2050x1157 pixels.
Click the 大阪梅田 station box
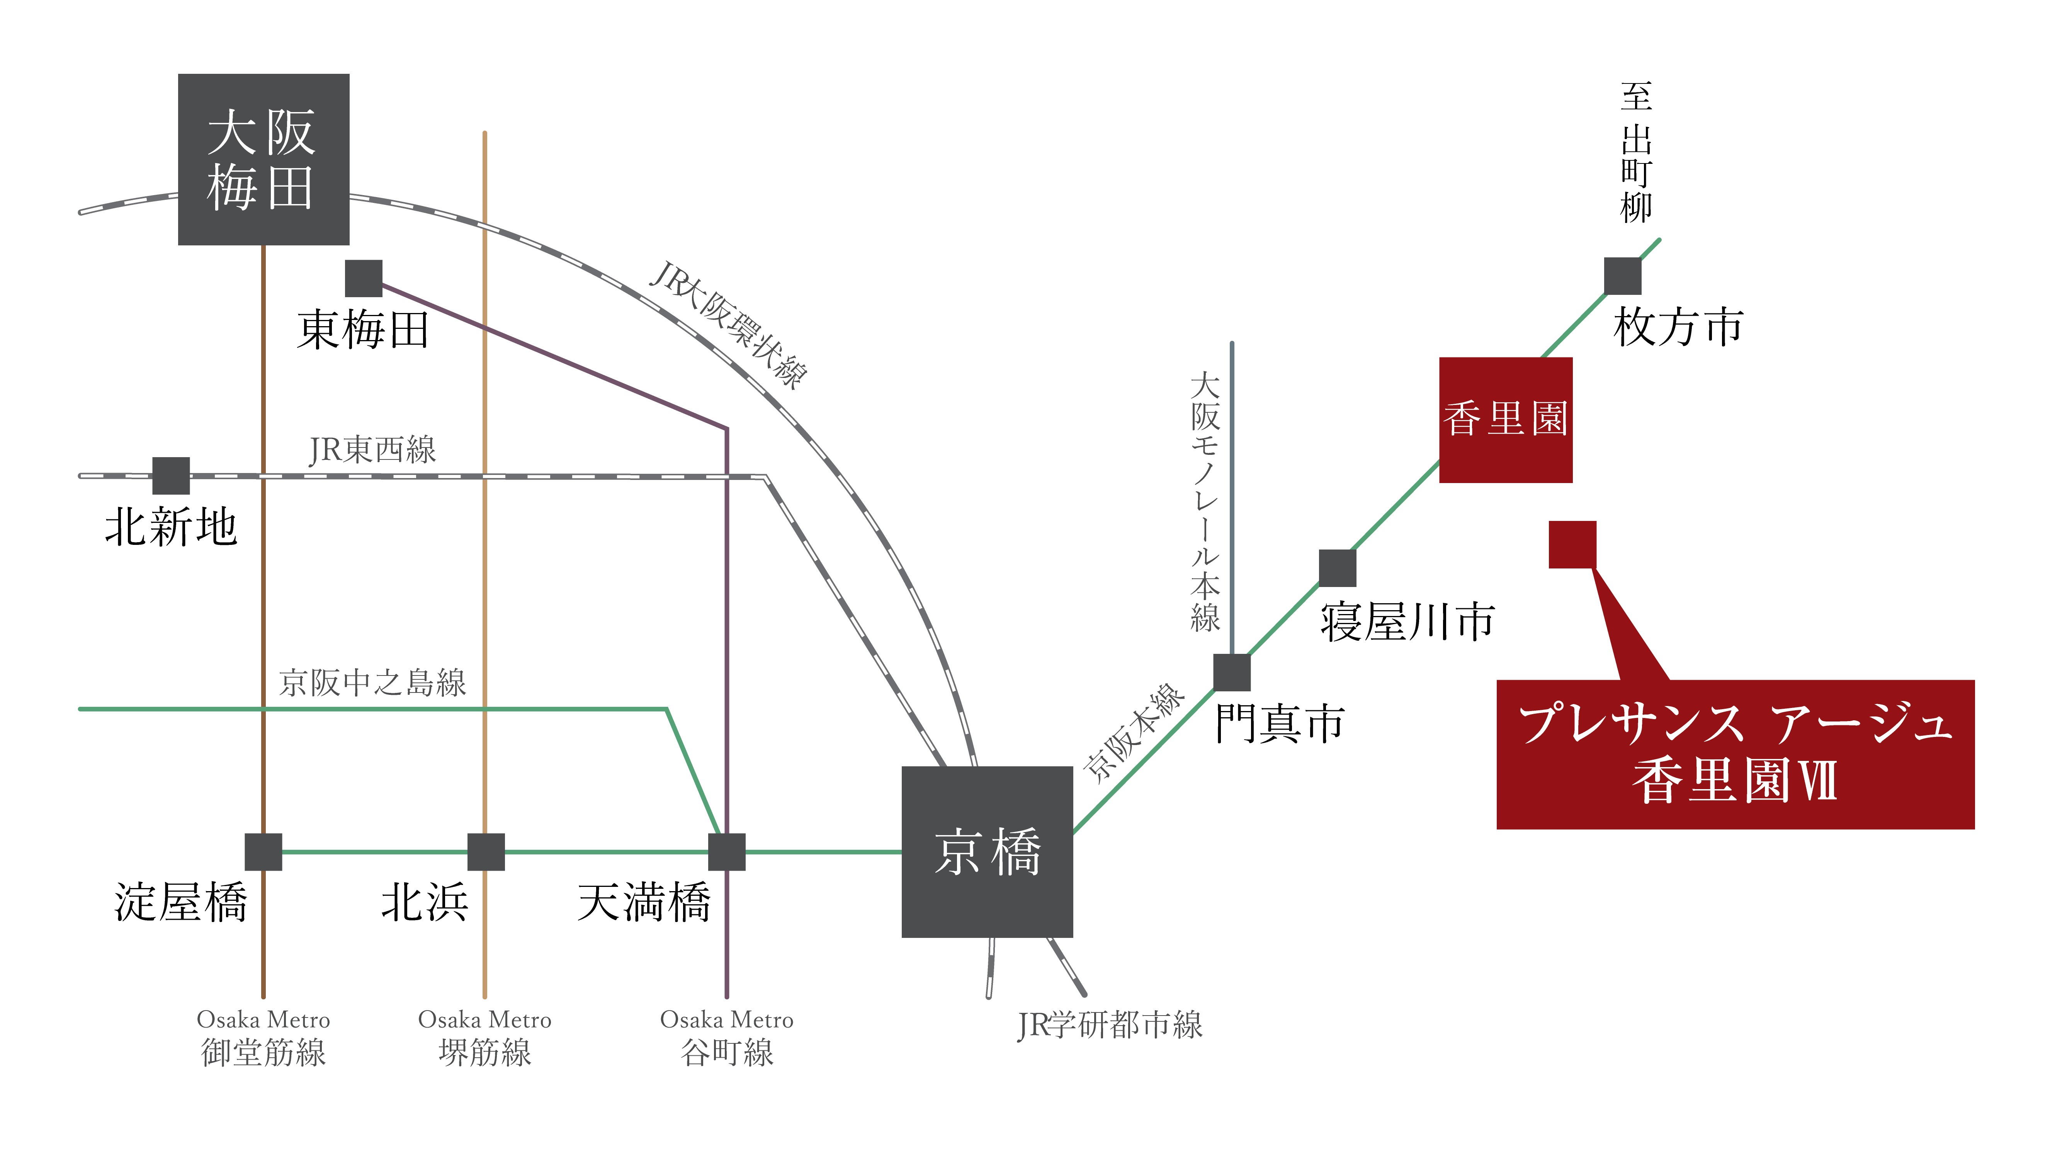pos(263,159)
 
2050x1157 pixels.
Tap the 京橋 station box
pos(987,851)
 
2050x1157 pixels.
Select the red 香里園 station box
pos(1506,419)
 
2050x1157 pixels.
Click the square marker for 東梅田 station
pos(364,279)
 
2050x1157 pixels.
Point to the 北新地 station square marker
pos(171,476)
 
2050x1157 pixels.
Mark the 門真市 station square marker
pos(1232,672)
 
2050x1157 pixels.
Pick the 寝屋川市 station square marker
pos(1338,568)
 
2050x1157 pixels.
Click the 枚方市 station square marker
pos(1623,276)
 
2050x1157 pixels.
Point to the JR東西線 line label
pos(372,449)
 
